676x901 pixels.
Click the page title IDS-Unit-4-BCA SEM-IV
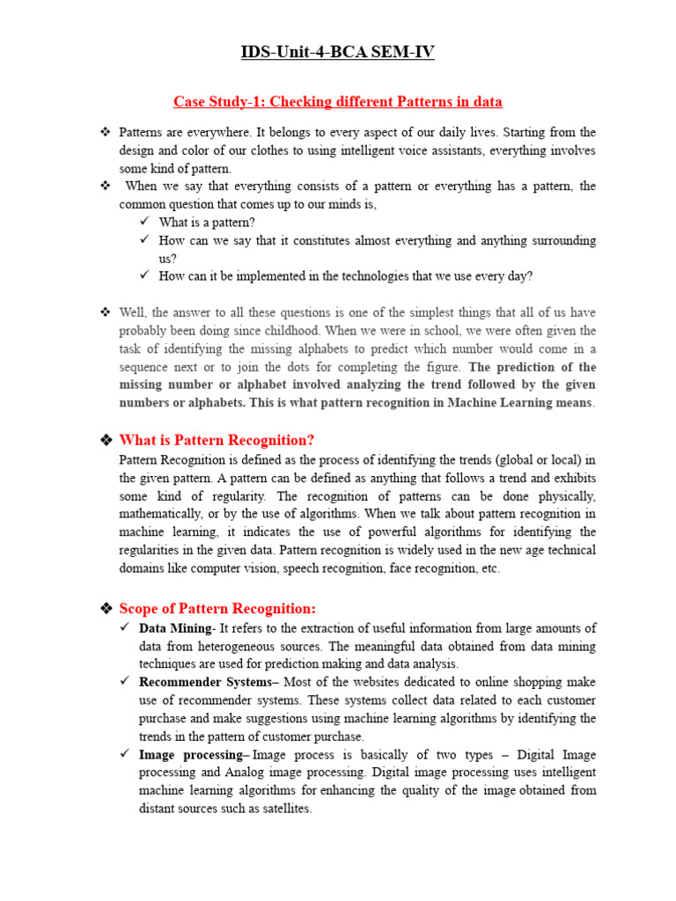tap(338, 54)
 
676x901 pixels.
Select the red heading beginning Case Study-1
tap(338, 102)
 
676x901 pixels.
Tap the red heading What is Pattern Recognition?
tap(217, 440)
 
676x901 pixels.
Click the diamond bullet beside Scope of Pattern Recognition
tap(106, 609)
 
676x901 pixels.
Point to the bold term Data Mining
tap(175, 628)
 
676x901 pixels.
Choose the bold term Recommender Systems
tap(206, 682)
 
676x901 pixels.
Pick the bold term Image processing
tap(192, 754)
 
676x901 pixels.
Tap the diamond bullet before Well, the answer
tap(106, 312)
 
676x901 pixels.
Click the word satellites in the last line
tap(283, 809)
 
